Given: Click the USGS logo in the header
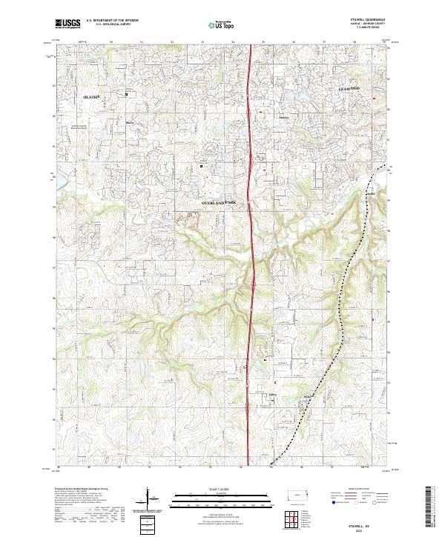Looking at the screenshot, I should (67, 24).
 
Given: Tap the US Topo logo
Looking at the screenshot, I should (223, 24).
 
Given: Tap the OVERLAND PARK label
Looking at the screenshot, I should (222, 202).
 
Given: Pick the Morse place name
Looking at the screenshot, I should (130, 122).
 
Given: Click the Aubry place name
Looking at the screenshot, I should (272, 396).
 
